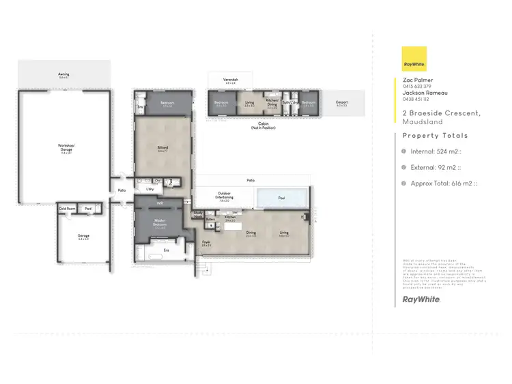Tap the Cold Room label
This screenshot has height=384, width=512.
click(x=67, y=209)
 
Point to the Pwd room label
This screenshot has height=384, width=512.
click(x=89, y=209)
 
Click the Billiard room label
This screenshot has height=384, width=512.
click(x=162, y=148)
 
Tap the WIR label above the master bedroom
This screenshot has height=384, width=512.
click(x=159, y=202)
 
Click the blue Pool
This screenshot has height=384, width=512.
click(x=282, y=198)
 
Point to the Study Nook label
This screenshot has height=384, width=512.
click(x=199, y=214)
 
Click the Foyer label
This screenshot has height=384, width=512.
click(x=206, y=243)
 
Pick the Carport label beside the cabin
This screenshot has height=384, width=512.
click(x=341, y=104)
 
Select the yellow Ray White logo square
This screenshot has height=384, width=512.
click(x=414, y=59)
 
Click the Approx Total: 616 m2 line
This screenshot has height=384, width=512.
click(x=443, y=183)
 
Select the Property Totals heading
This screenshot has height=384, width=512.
click(x=435, y=136)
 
